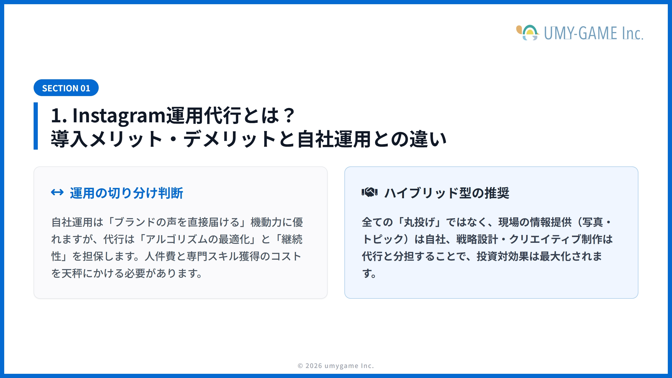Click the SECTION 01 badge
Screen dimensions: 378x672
pyautogui.click(x=66, y=88)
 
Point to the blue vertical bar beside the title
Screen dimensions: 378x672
pyautogui.click(x=36, y=126)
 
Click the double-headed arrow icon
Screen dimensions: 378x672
pyautogui.click(x=57, y=192)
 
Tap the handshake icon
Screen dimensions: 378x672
pyautogui.click(x=369, y=192)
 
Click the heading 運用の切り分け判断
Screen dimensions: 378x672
pyautogui.click(x=126, y=193)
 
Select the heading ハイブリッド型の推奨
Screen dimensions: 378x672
pyautogui.click(x=447, y=193)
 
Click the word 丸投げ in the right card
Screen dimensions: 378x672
pyautogui.click(x=419, y=222)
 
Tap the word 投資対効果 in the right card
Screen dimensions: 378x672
pyautogui.click(x=503, y=256)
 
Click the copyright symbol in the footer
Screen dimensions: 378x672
pyautogui.click(x=300, y=366)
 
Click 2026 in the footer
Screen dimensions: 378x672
pyautogui.click(x=314, y=366)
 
